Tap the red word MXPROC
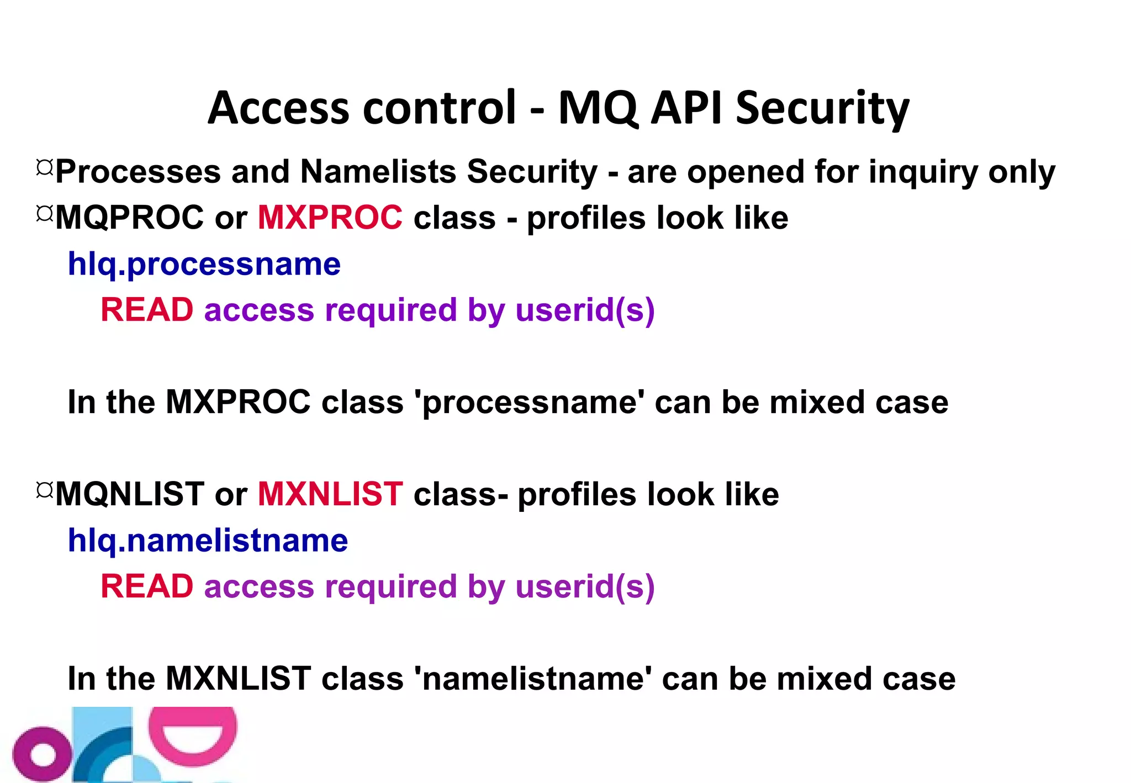pos(330,217)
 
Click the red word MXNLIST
pos(330,494)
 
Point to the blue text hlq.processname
pos(204,264)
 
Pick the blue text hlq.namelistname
pos(208,540)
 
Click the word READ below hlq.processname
pos(147,310)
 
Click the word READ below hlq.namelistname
pos(147,586)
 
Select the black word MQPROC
pos(129,217)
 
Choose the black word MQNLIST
pos(129,494)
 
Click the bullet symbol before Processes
pos(44,167)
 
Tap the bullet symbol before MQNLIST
pos(44,490)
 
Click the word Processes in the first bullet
pos(138,172)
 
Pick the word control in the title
pos(439,108)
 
